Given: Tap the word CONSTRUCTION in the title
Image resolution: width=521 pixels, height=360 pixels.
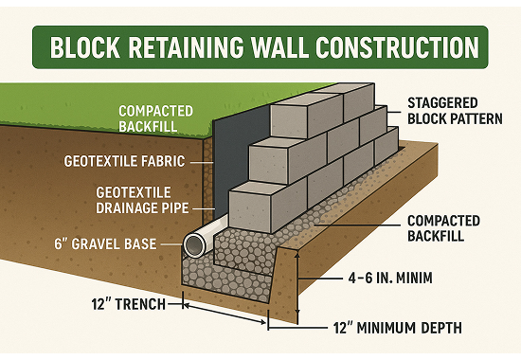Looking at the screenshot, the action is point(397,47).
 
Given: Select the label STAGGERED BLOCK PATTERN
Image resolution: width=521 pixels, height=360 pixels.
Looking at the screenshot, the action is point(455,111).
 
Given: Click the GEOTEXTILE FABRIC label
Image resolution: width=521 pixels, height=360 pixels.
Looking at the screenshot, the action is point(124,161).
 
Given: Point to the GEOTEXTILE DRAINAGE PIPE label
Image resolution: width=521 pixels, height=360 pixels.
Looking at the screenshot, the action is point(142,201).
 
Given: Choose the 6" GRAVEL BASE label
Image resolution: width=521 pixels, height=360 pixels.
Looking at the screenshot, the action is point(105,244).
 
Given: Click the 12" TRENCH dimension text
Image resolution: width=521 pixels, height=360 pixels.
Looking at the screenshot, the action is point(128,304).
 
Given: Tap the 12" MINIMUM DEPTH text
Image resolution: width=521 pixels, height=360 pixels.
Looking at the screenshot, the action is point(398,328).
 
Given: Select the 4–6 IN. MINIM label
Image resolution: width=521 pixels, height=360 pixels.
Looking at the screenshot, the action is point(390,278).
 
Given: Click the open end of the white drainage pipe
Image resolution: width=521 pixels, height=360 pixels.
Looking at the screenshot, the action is point(195,245).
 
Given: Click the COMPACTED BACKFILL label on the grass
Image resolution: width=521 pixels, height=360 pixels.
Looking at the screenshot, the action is point(155,118).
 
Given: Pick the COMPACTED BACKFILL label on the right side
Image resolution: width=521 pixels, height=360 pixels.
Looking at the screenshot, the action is point(443,228).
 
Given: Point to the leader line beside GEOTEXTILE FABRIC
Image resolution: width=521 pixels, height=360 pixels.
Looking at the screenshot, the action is point(202,163).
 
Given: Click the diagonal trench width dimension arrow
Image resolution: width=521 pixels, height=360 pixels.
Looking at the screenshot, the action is point(225,313).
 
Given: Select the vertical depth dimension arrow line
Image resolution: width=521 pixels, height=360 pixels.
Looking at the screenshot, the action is point(297,283).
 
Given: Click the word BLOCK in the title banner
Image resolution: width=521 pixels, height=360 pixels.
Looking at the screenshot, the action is point(85,47).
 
